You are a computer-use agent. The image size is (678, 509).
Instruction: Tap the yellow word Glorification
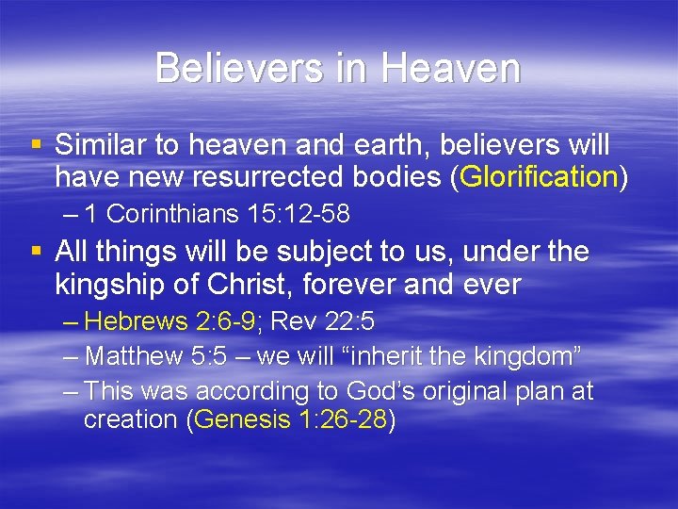(540, 176)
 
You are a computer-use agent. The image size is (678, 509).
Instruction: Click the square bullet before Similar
(36, 146)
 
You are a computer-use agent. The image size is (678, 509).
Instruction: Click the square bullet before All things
(36, 253)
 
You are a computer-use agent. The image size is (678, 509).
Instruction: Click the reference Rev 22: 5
(323, 322)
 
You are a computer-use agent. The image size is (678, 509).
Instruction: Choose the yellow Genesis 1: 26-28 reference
(291, 419)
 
